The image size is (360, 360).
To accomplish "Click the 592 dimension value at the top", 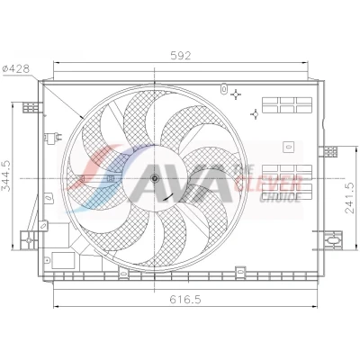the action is [x=181, y=56].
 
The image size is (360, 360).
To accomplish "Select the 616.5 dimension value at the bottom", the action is [x=185, y=300].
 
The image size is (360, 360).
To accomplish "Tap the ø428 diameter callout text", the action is [x=16, y=69].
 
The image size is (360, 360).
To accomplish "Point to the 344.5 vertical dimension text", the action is [x=6, y=176].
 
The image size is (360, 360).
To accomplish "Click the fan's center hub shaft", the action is [x=155, y=179].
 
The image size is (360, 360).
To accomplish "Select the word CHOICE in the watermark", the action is [x=280, y=197].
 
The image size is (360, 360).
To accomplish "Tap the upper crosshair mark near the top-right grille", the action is [x=236, y=94].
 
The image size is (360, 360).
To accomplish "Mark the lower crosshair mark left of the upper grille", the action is [x=256, y=114].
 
